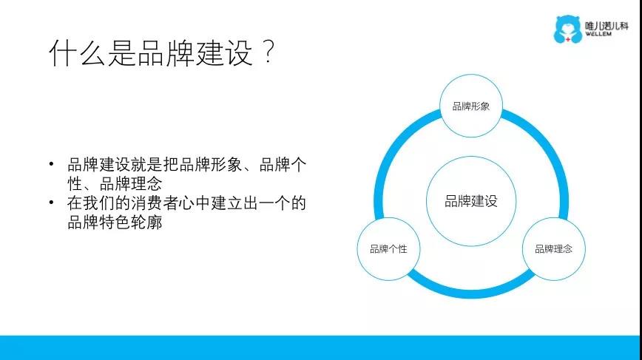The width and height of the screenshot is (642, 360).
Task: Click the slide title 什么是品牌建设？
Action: coord(161,53)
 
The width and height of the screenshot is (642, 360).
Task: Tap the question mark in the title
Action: coord(268,52)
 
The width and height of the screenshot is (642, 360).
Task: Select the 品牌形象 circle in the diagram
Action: coord(471,106)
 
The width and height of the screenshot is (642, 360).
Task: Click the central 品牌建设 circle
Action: coord(471,201)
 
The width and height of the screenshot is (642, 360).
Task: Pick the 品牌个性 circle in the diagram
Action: coord(388,248)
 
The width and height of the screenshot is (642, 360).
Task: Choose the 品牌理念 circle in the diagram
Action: coord(553,248)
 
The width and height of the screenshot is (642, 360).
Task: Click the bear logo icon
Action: coord(567,29)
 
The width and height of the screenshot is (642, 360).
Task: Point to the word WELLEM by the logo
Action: coord(598,34)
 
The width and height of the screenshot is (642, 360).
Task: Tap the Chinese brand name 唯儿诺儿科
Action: coord(606,25)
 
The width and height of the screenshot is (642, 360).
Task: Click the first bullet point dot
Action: coord(51,164)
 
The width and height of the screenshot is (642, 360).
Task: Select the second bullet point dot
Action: coord(51,203)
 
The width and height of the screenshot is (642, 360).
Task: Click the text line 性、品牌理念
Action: coord(115,183)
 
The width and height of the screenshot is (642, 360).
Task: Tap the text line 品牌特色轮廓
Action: coord(115,223)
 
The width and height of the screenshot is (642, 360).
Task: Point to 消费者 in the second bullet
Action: coord(155,203)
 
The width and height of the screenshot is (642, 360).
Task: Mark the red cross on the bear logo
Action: coord(568,39)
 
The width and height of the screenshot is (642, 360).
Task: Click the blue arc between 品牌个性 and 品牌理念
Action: coord(471,293)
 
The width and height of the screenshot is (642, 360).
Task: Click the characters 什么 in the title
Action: coord(77,53)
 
